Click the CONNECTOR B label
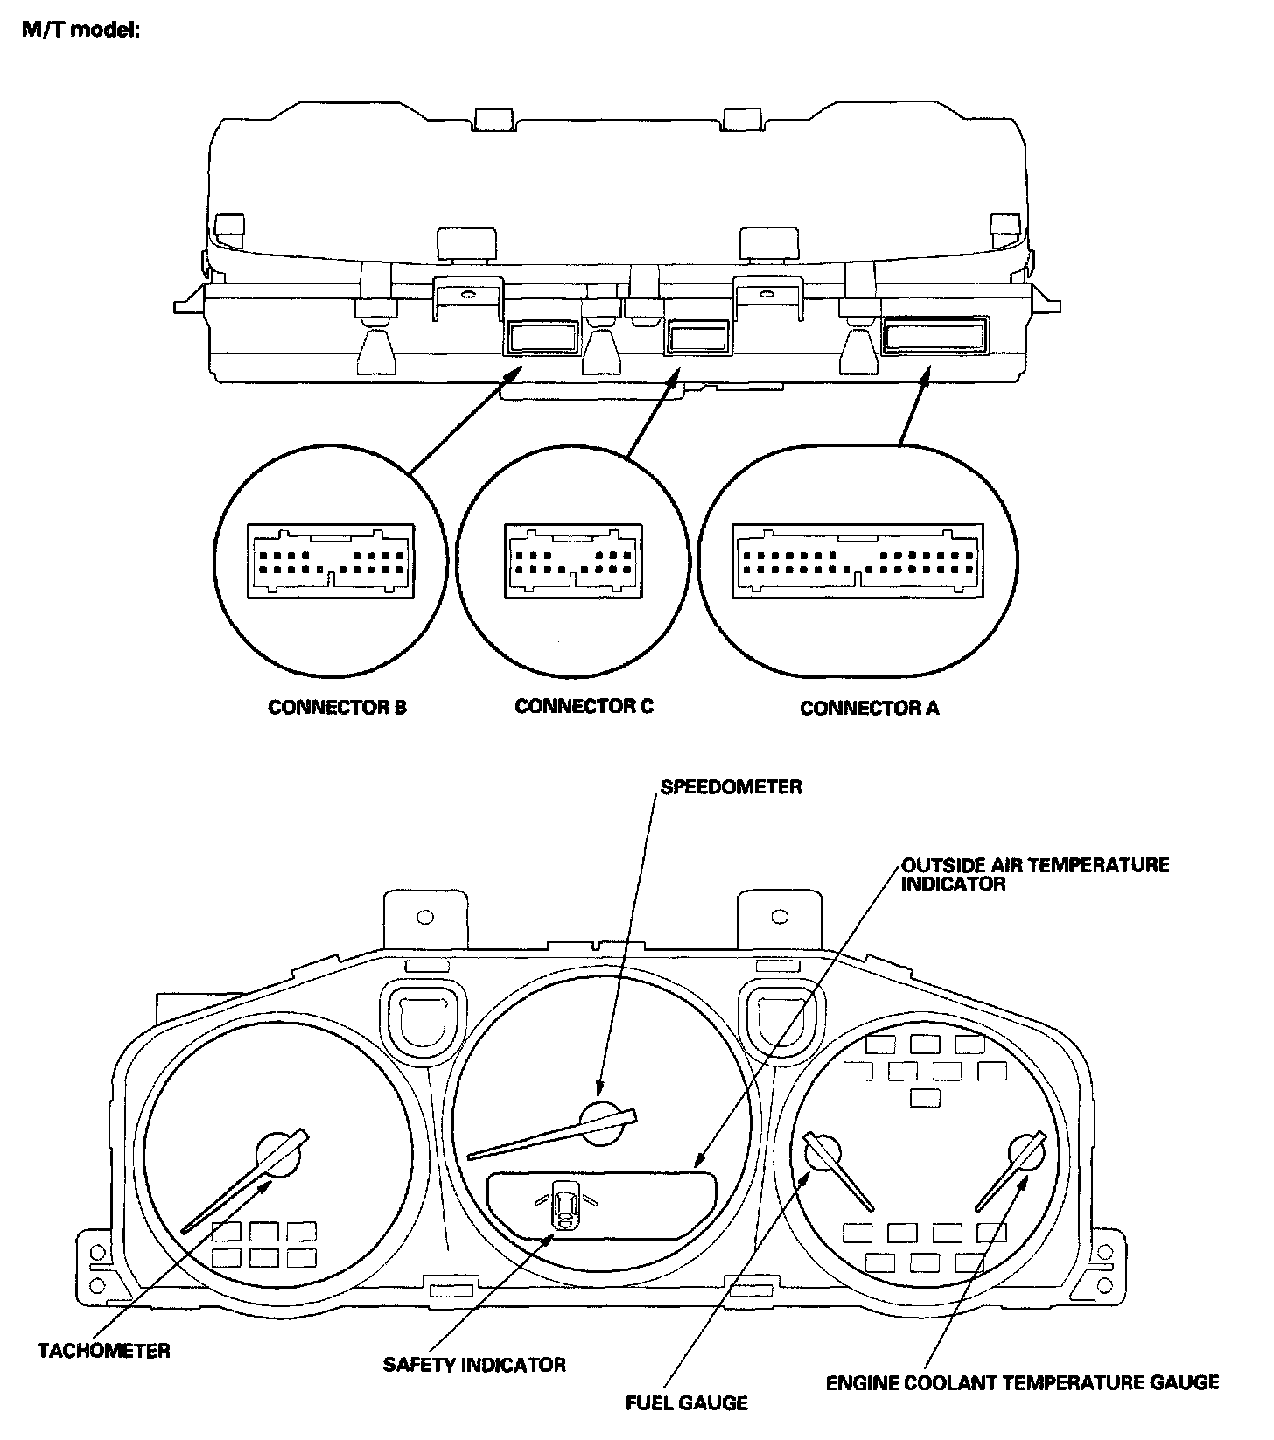click(337, 708)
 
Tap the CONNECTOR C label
click(584, 706)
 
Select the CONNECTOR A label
click(869, 708)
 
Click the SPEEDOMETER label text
click(731, 787)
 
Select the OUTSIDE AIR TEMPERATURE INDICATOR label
click(1035, 875)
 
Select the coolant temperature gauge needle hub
click(1026, 1153)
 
